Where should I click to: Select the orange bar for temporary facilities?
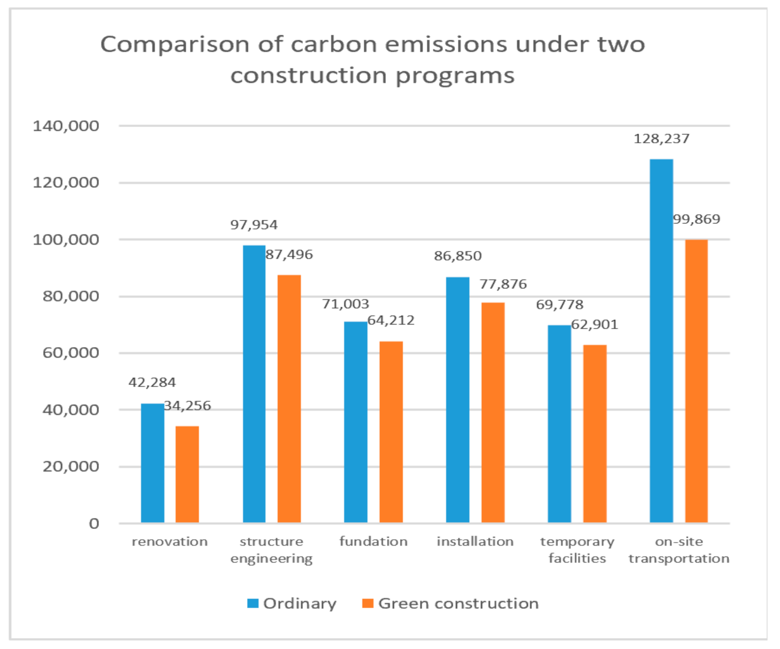tap(595, 434)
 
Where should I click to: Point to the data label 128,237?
tap(661, 139)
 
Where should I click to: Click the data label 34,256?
tap(187, 406)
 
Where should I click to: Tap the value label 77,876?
tap(503, 284)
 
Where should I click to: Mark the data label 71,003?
tap(345, 304)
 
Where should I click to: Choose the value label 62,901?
tap(595, 324)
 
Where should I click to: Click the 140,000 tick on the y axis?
tap(66, 126)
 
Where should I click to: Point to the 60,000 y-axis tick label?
tap(70, 353)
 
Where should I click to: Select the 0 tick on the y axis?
tap(94, 523)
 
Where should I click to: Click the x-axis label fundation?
tap(373, 541)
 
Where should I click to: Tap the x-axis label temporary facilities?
tap(577, 550)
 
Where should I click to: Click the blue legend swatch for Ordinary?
tap(253, 603)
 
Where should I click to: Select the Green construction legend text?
tap(458, 603)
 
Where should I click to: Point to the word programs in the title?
tap(455, 75)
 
